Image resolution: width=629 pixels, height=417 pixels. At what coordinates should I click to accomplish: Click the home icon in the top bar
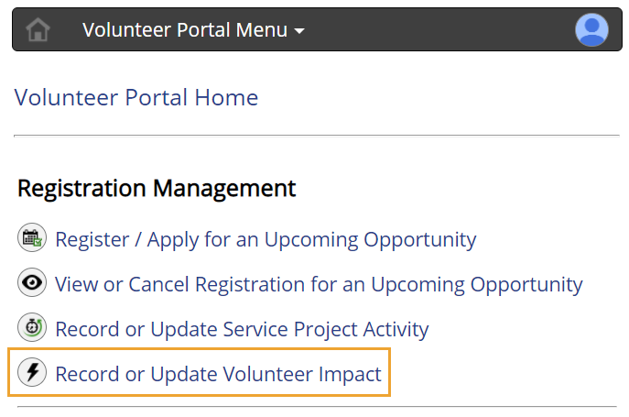click(38, 30)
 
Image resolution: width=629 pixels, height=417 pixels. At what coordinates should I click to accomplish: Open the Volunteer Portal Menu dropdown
click(185, 30)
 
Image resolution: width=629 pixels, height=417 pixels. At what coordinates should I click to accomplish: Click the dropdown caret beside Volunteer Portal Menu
click(299, 31)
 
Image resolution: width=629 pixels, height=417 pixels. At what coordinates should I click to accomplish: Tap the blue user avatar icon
click(591, 30)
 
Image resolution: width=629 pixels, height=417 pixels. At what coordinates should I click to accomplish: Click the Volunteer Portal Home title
click(136, 97)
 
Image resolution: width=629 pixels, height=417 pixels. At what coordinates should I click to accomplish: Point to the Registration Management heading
click(157, 189)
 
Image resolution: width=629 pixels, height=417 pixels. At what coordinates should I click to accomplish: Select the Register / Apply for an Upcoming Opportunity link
click(266, 240)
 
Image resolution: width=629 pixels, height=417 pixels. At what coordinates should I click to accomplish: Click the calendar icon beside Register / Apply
click(32, 239)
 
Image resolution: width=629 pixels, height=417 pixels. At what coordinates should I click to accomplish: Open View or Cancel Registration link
click(319, 284)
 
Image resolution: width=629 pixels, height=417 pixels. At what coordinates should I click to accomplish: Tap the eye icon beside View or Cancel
click(32, 283)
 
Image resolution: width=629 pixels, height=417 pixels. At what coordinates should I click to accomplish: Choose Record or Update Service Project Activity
click(242, 328)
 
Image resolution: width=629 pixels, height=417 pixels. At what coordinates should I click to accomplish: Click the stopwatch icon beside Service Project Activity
click(32, 327)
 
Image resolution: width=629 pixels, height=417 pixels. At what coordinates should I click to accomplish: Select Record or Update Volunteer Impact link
click(218, 373)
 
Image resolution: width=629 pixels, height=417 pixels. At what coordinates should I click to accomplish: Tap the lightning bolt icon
click(32, 372)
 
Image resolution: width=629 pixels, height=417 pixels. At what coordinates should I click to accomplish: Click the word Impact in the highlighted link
click(350, 373)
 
